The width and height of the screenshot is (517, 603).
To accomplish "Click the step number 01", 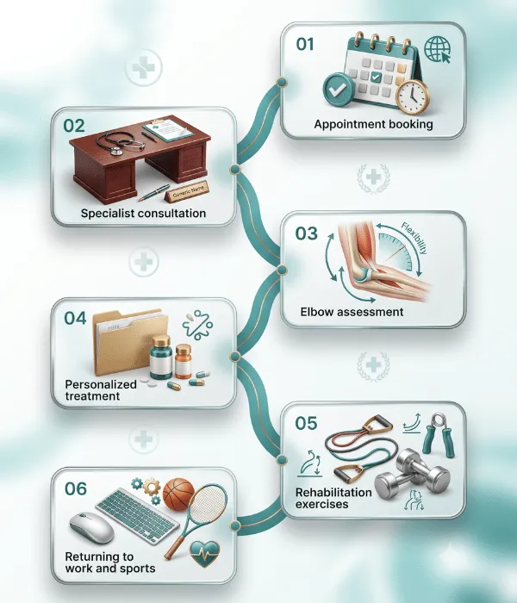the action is click(x=305, y=44).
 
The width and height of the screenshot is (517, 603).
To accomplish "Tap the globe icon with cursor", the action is click(x=438, y=49).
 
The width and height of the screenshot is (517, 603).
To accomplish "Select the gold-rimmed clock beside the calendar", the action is click(x=412, y=96).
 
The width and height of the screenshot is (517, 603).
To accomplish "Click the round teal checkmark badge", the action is click(x=339, y=90).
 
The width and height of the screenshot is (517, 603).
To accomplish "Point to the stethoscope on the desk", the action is click(x=120, y=142).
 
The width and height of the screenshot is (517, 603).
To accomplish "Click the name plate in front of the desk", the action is click(x=187, y=191).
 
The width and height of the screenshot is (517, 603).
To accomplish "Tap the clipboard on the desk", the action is click(x=168, y=128).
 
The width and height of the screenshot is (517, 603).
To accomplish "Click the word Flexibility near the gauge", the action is click(x=414, y=238).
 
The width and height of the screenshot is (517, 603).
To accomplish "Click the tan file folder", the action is click(x=129, y=342).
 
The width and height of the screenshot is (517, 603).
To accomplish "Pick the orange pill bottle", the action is click(x=183, y=362).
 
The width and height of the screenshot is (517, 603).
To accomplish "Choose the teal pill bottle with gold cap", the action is click(x=161, y=357).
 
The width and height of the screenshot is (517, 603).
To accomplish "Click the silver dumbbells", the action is click(x=412, y=475).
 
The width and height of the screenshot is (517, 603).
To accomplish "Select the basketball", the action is click(x=179, y=494).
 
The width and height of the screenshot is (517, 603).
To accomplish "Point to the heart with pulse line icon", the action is click(x=205, y=554).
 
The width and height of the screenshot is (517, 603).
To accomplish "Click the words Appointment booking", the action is click(x=373, y=124).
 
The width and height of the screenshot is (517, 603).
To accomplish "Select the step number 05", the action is click(x=306, y=423).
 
